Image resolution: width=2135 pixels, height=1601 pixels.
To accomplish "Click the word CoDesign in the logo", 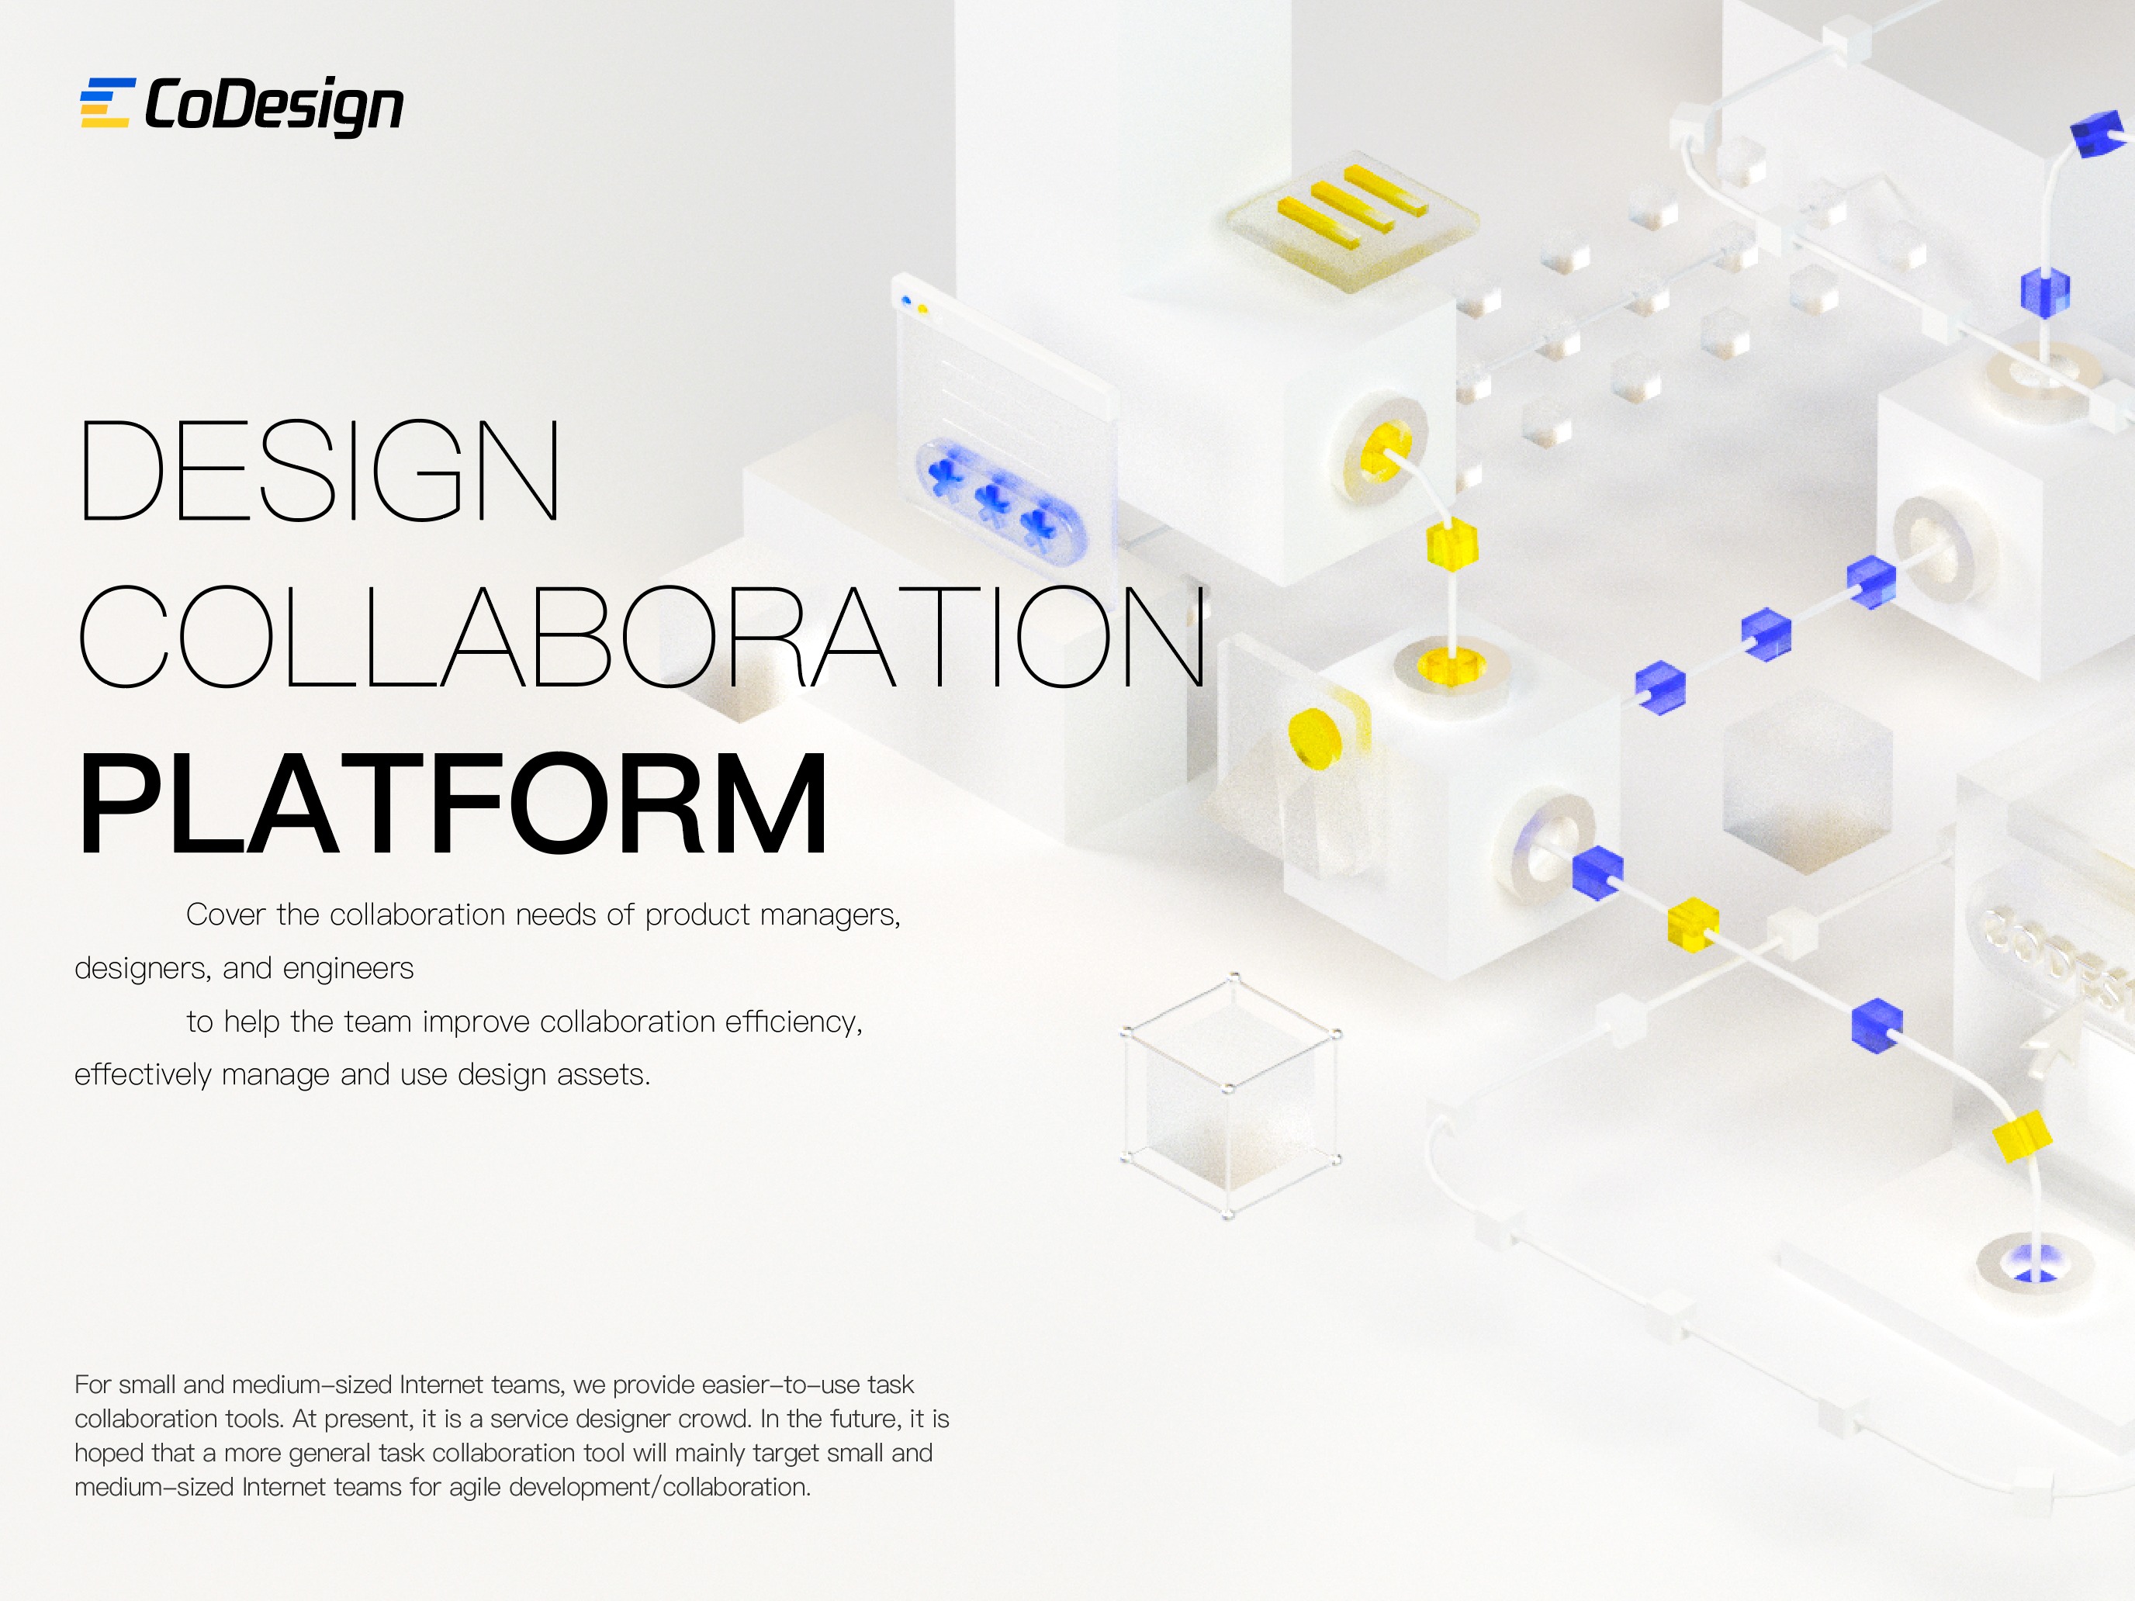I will (x=274, y=105).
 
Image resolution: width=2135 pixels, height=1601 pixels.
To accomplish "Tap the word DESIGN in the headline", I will (x=319, y=471).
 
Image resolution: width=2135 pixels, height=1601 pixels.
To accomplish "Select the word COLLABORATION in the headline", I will (x=642, y=638).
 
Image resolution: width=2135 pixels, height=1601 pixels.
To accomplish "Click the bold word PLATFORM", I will (x=452, y=805).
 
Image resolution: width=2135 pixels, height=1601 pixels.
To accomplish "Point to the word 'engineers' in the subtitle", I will (x=348, y=968).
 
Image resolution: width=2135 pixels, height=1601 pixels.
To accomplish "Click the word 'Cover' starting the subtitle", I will (x=225, y=915).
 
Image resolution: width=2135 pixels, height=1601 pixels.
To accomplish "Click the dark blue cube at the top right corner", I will (x=2099, y=134).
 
